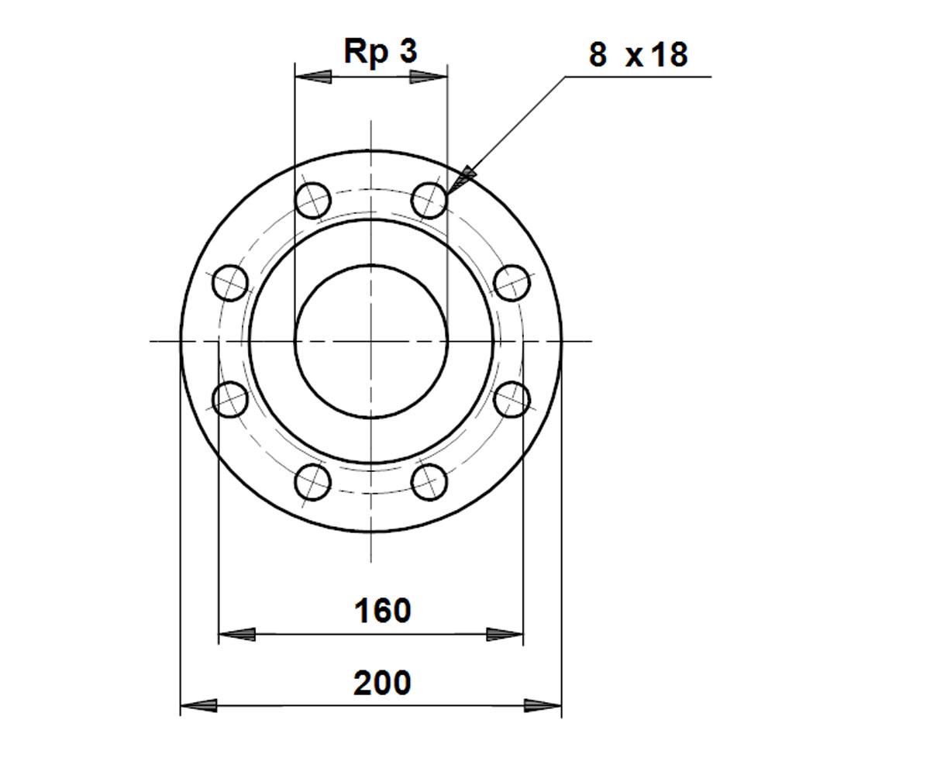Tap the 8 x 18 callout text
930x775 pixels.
638,55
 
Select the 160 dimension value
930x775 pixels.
382,611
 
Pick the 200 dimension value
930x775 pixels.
382,684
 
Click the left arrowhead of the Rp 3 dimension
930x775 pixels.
314,77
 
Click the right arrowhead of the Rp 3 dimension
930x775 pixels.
428,77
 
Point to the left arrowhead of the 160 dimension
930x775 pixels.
237,634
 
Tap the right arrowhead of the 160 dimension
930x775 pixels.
505,634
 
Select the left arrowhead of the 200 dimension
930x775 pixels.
198,706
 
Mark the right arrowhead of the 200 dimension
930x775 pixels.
542,706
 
